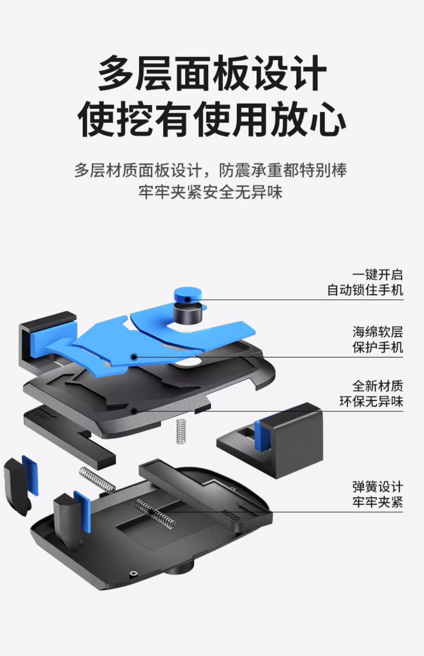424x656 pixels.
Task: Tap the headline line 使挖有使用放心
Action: click(x=212, y=119)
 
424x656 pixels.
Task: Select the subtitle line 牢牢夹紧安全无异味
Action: click(x=211, y=192)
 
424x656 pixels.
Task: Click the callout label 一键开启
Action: click(x=377, y=275)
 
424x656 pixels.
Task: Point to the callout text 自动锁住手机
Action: click(x=365, y=290)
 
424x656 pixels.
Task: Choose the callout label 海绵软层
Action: click(x=377, y=332)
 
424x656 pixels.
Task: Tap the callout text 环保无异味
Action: click(x=371, y=401)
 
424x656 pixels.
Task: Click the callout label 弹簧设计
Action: click(x=377, y=487)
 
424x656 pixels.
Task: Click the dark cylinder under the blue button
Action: click(x=187, y=313)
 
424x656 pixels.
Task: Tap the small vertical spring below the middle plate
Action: click(x=181, y=431)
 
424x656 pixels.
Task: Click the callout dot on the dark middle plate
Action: click(x=134, y=410)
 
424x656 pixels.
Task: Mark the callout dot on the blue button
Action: click(x=187, y=300)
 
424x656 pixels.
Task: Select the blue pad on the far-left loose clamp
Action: click(x=30, y=475)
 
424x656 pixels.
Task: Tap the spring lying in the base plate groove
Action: click(x=156, y=513)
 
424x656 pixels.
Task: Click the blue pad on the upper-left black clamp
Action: click(x=37, y=345)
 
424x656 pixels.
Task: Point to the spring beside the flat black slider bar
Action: click(x=98, y=480)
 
